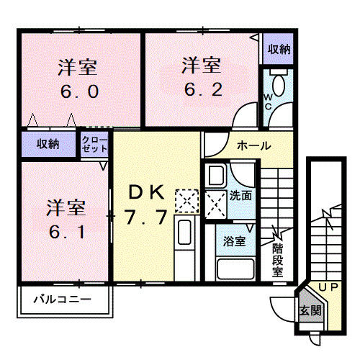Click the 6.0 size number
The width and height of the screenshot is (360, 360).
tap(78, 93)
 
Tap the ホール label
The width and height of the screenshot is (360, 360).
tap(253, 145)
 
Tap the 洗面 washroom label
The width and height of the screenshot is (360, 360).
tap(241, 194)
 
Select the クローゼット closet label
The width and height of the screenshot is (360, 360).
tap(94, 143)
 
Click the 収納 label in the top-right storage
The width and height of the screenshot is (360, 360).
tap(279, 49)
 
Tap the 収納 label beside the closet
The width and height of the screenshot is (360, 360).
tap(49, 144)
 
